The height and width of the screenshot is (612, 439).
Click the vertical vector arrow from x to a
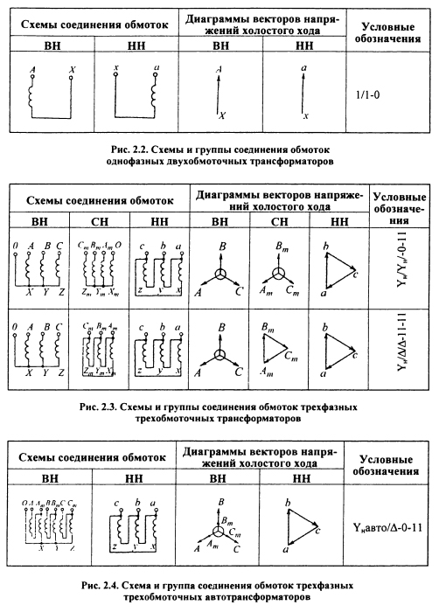coord(303,91)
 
